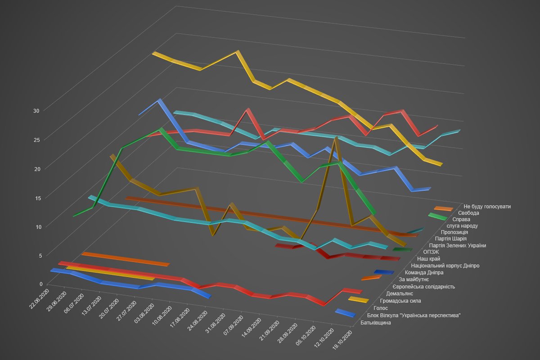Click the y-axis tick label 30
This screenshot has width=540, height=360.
click(x=36, y=111)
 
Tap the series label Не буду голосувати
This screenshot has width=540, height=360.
click(x=487, y=207)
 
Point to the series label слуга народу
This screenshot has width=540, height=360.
click(x=462, y=225)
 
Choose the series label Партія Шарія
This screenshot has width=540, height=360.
click(x=451, y=238)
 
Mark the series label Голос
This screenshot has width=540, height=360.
click(x=381, y=308)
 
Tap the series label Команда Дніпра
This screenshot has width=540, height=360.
click(x=424, y=273)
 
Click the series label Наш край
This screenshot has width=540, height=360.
click(x=428, y=259)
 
